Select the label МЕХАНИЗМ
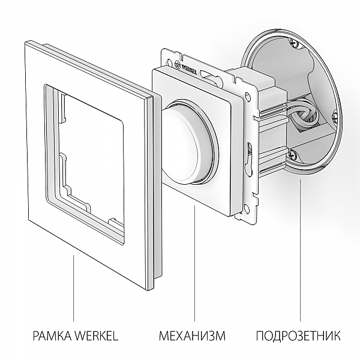192,335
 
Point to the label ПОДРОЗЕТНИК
298,335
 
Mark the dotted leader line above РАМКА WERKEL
73,288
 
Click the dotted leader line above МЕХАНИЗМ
195,264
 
